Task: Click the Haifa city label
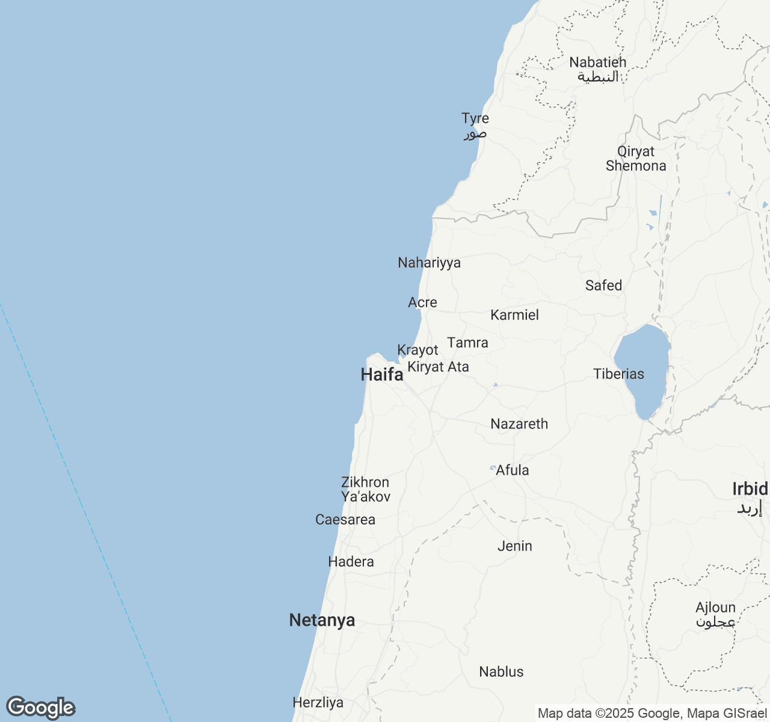pyautogui.click(x=382, y=375)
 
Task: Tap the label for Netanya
pyautogui.click(x=322, y=620)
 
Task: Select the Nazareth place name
pyautogui.click(x=519, y=424)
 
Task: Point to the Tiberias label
pyautogui.click(x=618, y=374)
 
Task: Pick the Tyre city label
pyautogui.click(x=475, y=125)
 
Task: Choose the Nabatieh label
pyautogui.click(x=598, y=69)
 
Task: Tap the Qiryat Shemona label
pyautogui.click(x=636, y=159)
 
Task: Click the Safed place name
pyautogui.click(x=603, y=285)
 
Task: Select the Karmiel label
pyautogui.click(x=514, y=315)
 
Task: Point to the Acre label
pyautogui.click(x=422, y=303)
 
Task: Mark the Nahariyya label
pyautogui.click(x=430, y=263)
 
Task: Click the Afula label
pyautogui.click(x=513, y=471)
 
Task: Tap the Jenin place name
pyautogui.click(x=514, y=546)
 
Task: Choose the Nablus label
pyautogui.click(x=501, y=672)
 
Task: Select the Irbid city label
pyautogui.click(x=750, y=496)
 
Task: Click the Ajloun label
pyautogui.click(x=715, y=614)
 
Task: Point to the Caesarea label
pyautogui.click(x=345, y=520)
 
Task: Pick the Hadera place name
pyautogui.click(x=351, y=562)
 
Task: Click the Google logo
pyautogui.click(x=40, y=708)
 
